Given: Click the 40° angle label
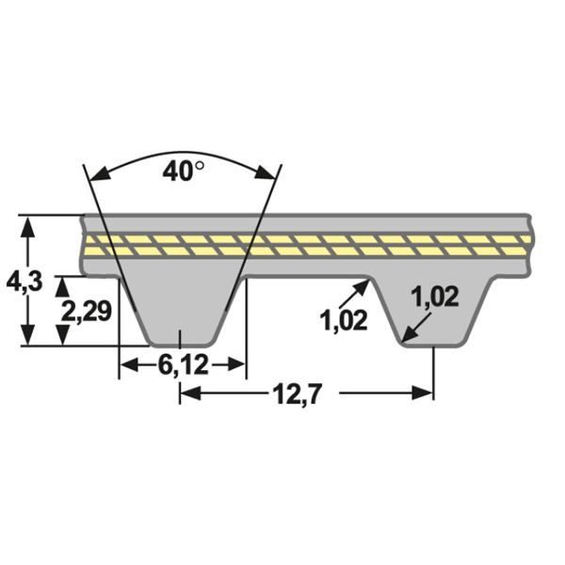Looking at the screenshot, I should [x=183, y=171].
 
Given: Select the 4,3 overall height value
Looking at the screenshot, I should [x=24, y=280].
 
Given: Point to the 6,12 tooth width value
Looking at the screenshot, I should [x=183, y=365].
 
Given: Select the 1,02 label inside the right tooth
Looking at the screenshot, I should [x=434, y=297].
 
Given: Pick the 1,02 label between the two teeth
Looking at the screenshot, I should [x=344, y=320].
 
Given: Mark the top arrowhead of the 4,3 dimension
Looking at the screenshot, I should [x=31, y=223].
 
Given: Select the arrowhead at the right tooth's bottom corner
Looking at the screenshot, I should [x=405, y=336].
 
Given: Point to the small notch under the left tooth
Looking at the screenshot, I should [x=182, y=339].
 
